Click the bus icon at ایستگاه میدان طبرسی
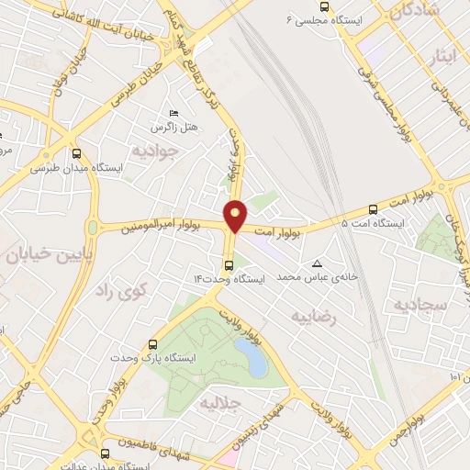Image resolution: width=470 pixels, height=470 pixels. tap(75, 154)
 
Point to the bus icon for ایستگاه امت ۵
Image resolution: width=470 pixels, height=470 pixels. tap(373, 209)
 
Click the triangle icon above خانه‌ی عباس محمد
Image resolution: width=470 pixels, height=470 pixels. tap(318, 263)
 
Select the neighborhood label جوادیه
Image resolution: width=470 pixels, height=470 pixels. tap(152, 149)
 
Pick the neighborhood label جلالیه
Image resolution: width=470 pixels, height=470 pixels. tap(219, 402)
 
